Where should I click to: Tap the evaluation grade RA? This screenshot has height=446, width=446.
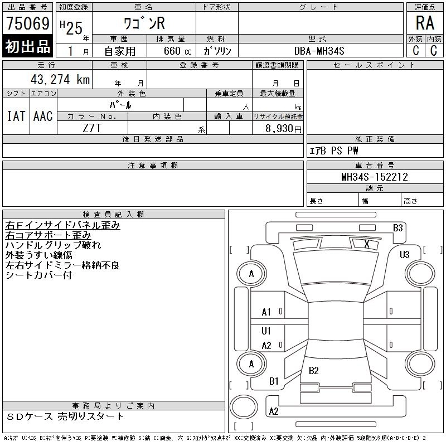425,23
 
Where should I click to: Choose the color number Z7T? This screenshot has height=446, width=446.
93,128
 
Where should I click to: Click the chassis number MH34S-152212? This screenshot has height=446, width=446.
375,177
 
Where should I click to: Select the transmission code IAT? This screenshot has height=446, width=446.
16,116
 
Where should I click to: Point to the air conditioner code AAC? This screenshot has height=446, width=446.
43,116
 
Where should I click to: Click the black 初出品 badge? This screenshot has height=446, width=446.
27,47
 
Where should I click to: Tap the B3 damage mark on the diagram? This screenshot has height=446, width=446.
397,227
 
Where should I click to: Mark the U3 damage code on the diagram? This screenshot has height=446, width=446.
404,255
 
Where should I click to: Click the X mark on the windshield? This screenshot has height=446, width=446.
366,244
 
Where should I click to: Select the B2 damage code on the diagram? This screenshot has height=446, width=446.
313,371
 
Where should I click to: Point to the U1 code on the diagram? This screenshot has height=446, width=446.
266,331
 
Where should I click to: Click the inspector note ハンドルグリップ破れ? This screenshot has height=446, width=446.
53,245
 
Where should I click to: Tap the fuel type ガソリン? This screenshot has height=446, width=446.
217,51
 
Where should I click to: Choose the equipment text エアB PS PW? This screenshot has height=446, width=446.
334,151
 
